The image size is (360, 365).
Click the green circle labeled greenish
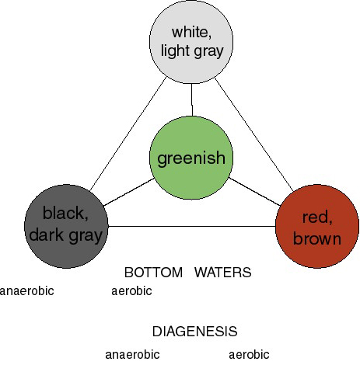point(191,158)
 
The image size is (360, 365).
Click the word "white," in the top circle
point(191,33)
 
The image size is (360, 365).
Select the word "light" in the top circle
point(176,50)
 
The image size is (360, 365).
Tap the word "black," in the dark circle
point(65,213)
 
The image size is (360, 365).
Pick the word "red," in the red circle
point(317,217)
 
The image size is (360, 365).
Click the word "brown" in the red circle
point(317,238)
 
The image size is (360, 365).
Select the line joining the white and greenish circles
point(192,100)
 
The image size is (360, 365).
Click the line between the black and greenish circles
point(129,192)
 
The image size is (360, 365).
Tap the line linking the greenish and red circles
point(254,192)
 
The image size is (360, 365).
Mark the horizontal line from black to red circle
point(191,227)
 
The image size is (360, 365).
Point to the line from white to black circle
point(128,134)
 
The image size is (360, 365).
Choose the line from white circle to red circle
point(254,134)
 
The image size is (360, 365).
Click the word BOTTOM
point(153,273)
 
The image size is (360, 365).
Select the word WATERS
point(223,273)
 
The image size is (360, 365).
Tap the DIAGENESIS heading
point(195,332)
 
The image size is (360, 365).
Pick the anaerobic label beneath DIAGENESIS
point(132,355)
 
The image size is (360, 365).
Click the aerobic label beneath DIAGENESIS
point(249,355)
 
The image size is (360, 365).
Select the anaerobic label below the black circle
point(26,291)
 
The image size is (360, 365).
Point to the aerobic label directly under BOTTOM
point(131,291)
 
